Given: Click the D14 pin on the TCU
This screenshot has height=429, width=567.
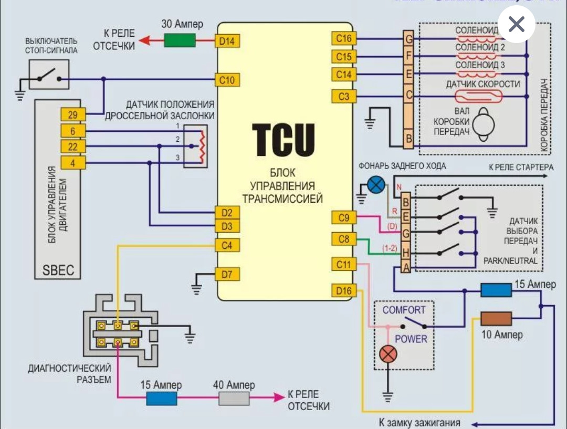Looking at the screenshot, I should point(227,40).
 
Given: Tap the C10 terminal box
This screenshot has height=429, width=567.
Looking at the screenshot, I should point(227,80).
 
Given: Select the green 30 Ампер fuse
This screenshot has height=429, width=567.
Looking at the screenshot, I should point(180,40).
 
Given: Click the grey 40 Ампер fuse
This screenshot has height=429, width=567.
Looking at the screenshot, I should point(234,399).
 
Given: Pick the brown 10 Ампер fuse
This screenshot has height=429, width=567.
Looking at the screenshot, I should point(496,318).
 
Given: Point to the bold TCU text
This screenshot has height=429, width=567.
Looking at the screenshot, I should point(283,140).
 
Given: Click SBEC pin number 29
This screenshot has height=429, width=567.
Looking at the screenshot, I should point(72,114).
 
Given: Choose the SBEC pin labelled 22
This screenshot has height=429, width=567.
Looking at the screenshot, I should point(72,146).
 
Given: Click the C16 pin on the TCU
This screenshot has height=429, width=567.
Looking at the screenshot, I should point(344,39).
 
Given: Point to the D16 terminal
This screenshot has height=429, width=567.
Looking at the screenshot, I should point(344,290).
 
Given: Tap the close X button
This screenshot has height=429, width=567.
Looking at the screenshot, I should point(517,24).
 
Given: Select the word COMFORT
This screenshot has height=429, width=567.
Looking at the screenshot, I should point(404,310).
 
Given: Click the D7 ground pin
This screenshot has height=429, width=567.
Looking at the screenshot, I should point(227,274).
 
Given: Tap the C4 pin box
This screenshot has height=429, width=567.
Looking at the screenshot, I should point(227,245).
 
